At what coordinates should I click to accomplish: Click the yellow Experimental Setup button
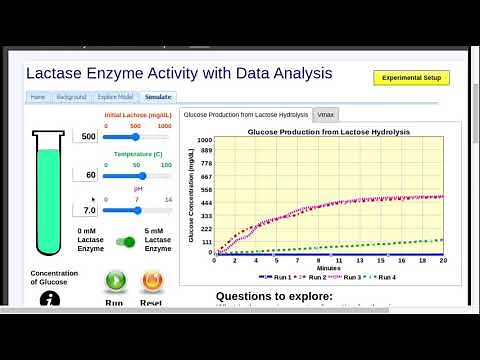click(x=411, y=77)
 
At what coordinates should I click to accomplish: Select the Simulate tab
click(x=159, y=97)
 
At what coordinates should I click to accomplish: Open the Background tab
click(x=71, y=97)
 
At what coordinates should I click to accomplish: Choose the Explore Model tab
click(x=114, y=97)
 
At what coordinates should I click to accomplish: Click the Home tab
click(x=38, y=97)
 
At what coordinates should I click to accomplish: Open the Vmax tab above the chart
click(x=326, y=115)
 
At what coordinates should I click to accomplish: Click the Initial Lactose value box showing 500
click(x=88, y=136)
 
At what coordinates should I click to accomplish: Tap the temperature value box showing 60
click(x=88, y=174)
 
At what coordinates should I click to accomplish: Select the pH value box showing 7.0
click(x=88, y=211)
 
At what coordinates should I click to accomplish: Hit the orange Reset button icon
click(x=152, y=281)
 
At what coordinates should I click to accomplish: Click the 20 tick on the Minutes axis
click(x=443, y=260)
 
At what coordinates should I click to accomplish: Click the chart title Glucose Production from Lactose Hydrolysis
click(x=315, y=131)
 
